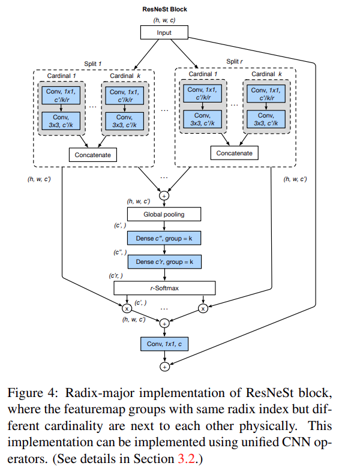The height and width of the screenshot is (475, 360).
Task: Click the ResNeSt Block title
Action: (164, 8)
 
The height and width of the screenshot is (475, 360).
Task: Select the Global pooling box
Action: (164, 214)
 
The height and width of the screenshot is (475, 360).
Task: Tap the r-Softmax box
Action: (164, 288)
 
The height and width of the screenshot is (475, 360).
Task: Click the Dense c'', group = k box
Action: (164, 238)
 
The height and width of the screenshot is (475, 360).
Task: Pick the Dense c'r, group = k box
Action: (164, 262)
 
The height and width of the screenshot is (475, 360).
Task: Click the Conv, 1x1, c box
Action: (164, 344)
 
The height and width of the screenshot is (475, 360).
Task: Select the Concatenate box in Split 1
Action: (93, 155)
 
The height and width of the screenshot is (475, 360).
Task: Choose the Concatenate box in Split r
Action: (235, 154)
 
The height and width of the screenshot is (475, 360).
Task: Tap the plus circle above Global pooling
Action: (164, 195)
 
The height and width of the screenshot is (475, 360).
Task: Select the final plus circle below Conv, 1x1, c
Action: (164, 366)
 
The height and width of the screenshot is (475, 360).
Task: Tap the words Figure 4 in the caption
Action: (29, 393)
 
